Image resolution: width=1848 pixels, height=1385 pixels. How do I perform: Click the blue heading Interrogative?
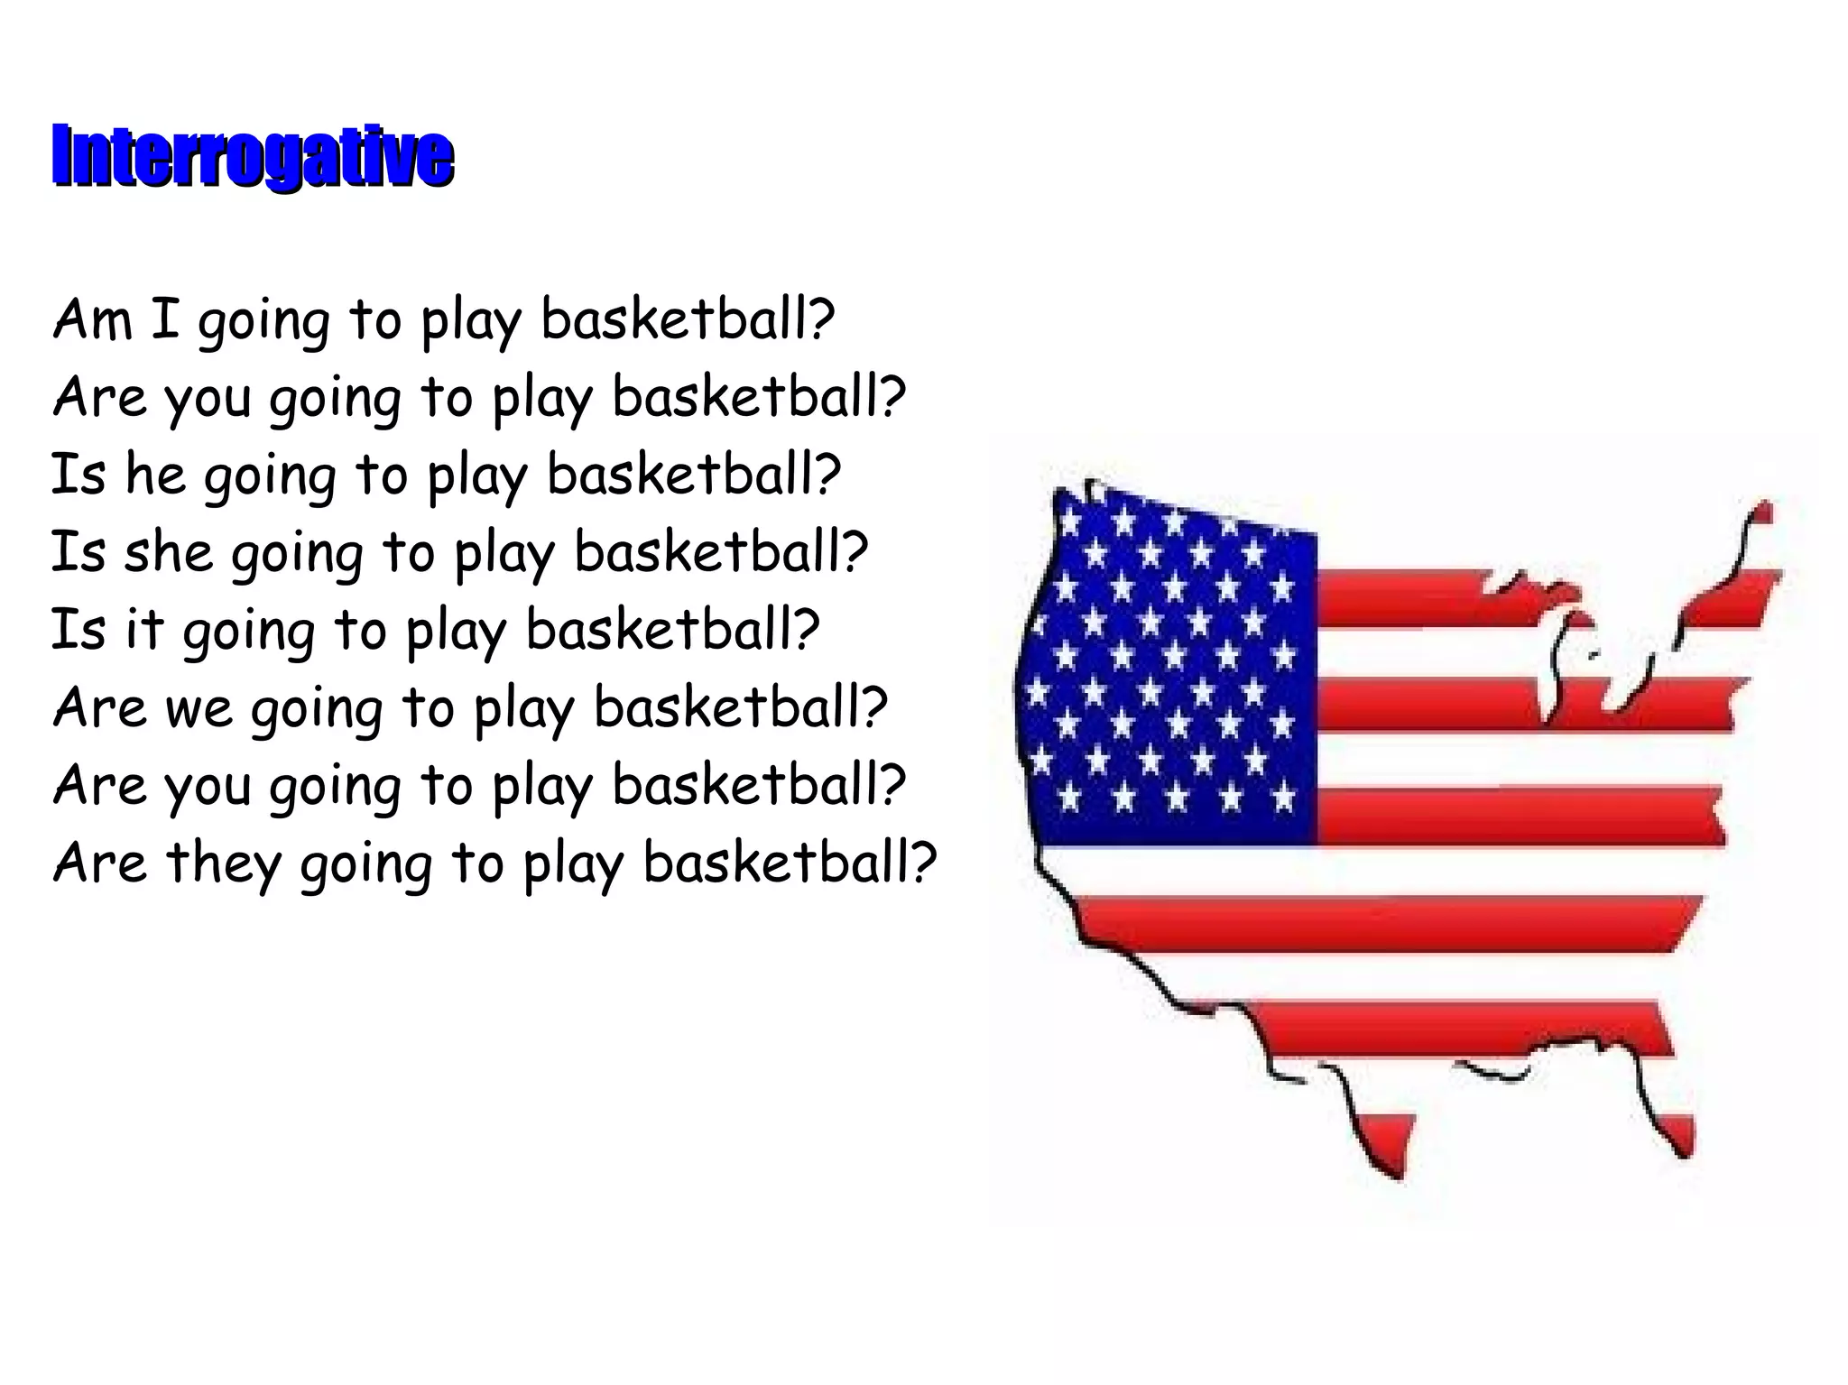(252, 158)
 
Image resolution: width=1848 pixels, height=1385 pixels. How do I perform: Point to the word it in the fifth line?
(144, 629)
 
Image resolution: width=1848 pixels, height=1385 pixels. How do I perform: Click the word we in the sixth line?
(199, 707)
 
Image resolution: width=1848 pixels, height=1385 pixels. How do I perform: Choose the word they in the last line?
(223, 863)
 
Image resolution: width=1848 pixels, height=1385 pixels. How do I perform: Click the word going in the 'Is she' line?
(298, 553)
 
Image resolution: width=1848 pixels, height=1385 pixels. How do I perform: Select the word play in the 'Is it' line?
(456, 631)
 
